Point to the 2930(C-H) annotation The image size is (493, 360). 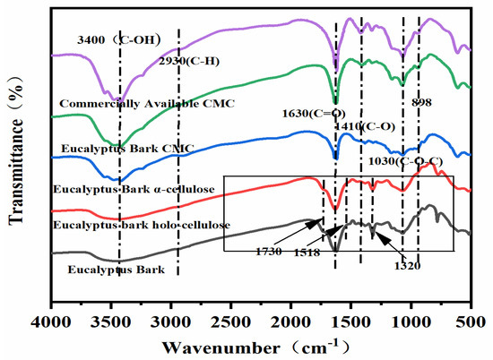click(x=190, y=61)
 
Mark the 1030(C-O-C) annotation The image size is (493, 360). click(x=403, y=161)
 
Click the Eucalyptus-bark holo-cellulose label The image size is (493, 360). click(x=143, y=224)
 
